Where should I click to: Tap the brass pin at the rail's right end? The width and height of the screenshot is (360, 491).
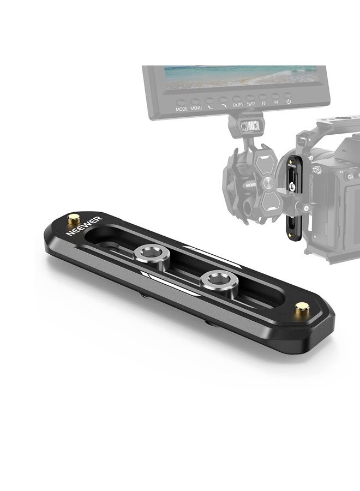coord(301,309)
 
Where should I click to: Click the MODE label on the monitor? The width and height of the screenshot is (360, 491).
coord(182,109)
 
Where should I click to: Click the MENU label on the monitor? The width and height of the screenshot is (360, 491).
coord(196,108)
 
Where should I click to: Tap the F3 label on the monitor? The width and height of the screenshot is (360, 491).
coord(263,103)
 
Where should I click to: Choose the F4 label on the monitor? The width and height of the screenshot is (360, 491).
coord(276,102)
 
